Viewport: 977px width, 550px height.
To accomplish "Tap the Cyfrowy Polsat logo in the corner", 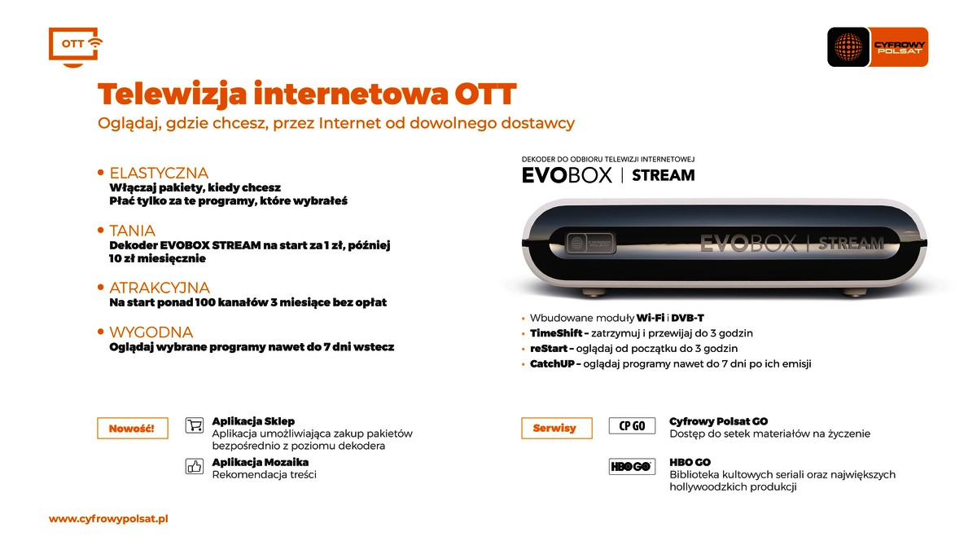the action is [x=878, y=47].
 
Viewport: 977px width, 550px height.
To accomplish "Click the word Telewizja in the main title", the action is [x=173, y=95].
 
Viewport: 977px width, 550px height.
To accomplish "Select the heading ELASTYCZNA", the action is [x=159, y=174].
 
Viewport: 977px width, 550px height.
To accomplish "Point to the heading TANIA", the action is [x=132, y=231].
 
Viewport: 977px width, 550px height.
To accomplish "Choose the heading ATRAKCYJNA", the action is [x=160, y=288].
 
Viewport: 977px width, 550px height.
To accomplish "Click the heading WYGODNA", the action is [x=151, y=332].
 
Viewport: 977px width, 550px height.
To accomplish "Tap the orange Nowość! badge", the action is [x=132, y=429].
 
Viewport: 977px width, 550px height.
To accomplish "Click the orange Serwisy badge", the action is [x=557, y=428].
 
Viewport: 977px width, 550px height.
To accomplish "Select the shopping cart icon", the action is [x=194, y=425].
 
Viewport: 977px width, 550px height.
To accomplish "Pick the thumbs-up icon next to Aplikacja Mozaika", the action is [x=194, y=467].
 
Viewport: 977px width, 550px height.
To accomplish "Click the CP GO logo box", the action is [x=632, y=425].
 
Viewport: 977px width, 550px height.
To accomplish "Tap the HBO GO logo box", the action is [x=632, y=467].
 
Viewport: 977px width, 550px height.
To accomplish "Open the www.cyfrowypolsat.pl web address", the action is [x=108, y=519].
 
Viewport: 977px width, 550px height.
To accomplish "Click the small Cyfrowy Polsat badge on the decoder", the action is [x=590, y=243].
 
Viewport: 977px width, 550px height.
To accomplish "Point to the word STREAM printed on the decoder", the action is [x=851, y=243].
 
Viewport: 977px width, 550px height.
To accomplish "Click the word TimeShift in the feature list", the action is [x=556, y=333].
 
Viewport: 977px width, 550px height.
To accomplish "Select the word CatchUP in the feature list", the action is [x=552, y=364].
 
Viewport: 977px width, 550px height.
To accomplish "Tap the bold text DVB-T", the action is [x=687, y=318].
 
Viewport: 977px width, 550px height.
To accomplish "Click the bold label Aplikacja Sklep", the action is [x=253, y=421].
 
